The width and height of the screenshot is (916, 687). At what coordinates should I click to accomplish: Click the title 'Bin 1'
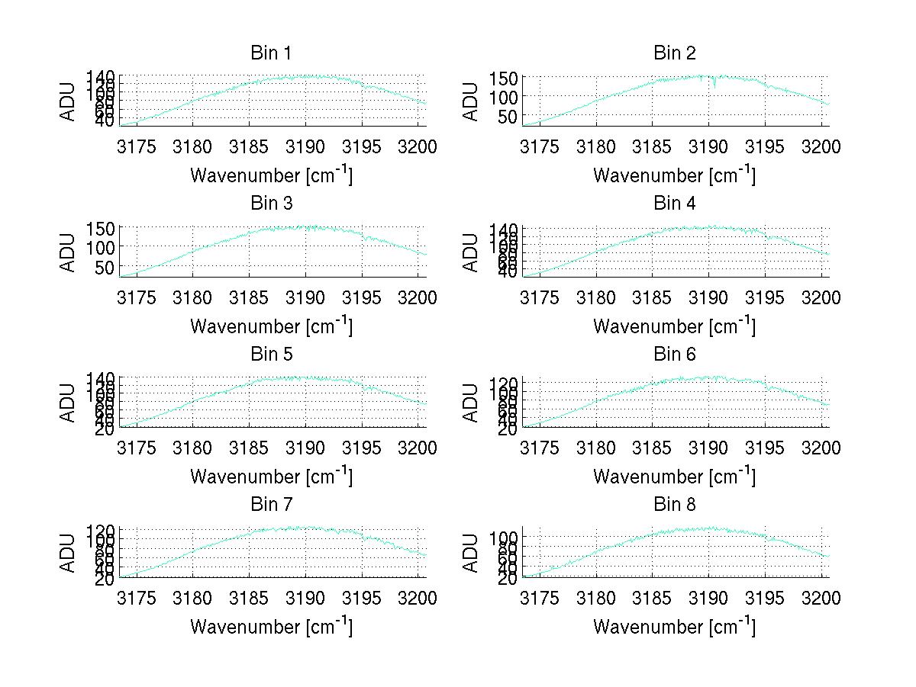(271, 53)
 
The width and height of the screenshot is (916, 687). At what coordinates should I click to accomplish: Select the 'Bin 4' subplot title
(675, 203)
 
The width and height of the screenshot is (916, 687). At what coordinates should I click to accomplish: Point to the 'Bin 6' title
(675, 354)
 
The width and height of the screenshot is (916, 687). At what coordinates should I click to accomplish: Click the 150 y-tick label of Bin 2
(509, 78)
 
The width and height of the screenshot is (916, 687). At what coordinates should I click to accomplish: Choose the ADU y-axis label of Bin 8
(472, 552)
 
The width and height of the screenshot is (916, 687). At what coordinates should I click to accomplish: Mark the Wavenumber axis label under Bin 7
(271, 626)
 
